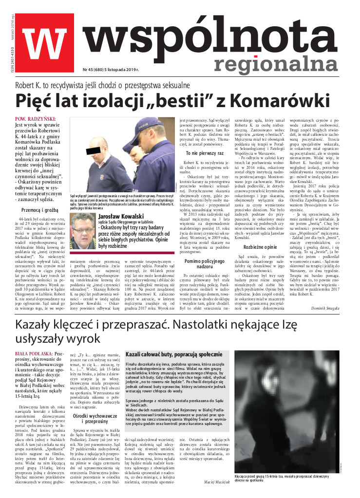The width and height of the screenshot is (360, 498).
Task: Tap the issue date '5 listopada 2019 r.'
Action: (x=119, y=70)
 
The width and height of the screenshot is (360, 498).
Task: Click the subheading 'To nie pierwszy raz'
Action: (x=205, y=153)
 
